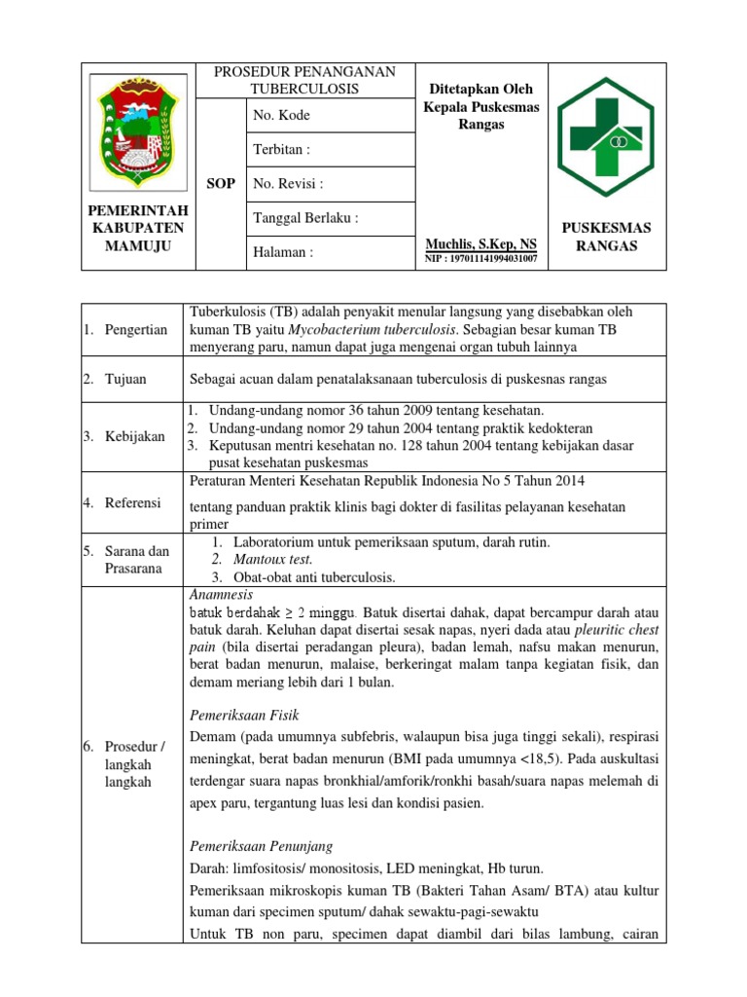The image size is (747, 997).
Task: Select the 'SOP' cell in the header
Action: (x=222, y=183)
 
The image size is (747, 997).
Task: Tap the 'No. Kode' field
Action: (x=281, y=115)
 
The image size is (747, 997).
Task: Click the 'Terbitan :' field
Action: (x=281, y=149)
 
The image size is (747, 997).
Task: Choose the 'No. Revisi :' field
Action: (x=288, y=183)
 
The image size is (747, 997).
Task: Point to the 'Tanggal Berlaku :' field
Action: (x=305, y=218)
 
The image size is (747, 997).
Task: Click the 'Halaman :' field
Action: (x=283, y=252)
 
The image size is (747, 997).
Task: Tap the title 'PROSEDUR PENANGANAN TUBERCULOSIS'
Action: (x=304, y=81)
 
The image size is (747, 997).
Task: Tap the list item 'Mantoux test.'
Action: (x=272, y=560)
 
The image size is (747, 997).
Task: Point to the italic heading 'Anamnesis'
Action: (x=221, y=594)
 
